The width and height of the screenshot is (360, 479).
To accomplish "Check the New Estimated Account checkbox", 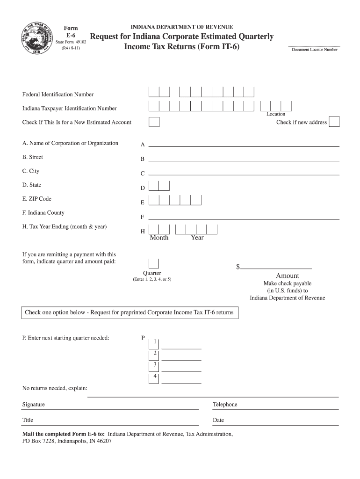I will tap(154, 122).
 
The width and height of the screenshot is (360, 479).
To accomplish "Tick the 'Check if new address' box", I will tap(334, 122).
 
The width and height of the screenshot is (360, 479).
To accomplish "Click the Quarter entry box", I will tap(154, 264).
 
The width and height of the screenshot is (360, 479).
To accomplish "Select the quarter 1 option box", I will tap(154, 343).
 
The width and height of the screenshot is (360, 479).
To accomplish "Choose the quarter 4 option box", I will tap(154, 378).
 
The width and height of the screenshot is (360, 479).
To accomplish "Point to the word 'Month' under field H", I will tap(159, 238).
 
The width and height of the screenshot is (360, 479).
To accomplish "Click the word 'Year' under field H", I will tap(197, 238).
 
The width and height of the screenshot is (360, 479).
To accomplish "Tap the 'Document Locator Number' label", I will tap(315, 49).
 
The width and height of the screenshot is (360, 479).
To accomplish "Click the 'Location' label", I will tap(276, 114).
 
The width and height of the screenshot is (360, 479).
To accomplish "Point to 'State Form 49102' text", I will tap(71, 42).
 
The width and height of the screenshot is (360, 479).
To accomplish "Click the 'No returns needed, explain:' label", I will tap(55, 388).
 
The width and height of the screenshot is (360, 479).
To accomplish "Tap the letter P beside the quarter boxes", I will tap(143, 337).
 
